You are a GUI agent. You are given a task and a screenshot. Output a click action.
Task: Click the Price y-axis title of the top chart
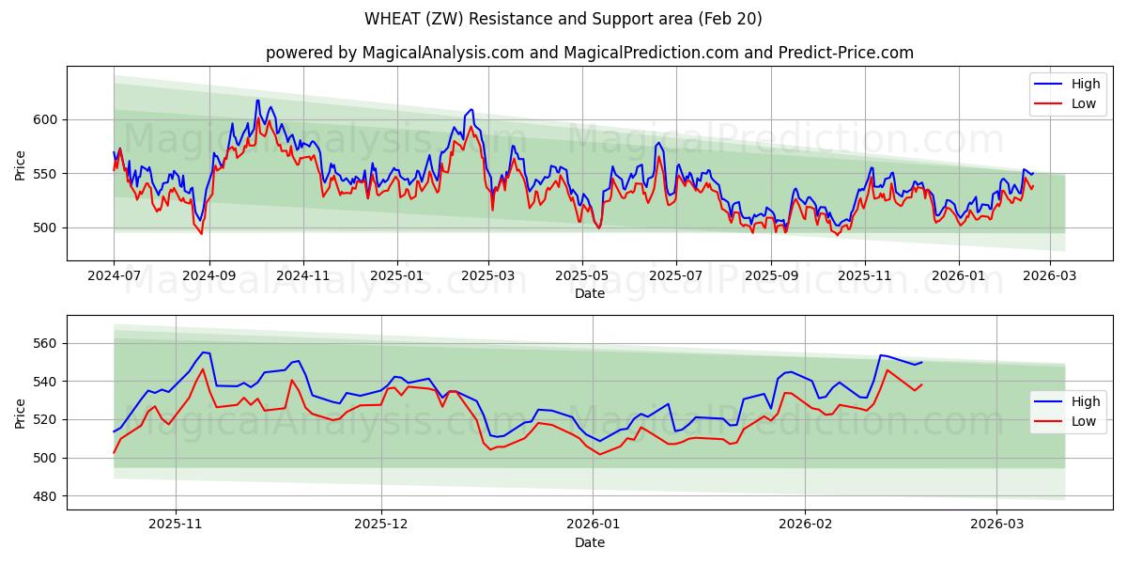click(21, 164)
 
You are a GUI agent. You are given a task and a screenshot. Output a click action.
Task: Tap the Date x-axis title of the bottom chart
click(589, 543)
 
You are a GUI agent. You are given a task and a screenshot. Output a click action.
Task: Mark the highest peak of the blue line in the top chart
click(257, 101)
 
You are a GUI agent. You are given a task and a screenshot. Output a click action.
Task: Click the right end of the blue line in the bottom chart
click(921, 362)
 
